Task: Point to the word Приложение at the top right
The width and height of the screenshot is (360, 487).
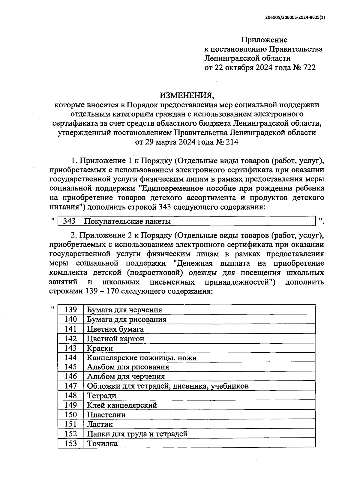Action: pyautogui.click(x=264, y=40)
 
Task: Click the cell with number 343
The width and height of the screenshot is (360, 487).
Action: pyautogui.click(x=69, y=221)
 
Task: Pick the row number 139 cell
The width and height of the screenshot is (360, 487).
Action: pyautogui.click(x=71, y=309)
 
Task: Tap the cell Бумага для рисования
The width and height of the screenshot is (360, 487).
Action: pyautogui.click(x=127, y=319)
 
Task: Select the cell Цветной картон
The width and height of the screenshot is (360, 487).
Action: pyautogui.click(x=115, y=339)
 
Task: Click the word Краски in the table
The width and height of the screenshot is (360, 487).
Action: pyautogui.click(x=100, y=348)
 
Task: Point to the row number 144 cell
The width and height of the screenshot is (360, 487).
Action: pyautogui.click(x=71, y=357)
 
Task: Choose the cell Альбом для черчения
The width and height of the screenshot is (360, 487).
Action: pyautogui.click(x=126, y=377)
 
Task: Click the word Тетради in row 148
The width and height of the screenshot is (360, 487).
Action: pyautogui.click(x=101, y=396)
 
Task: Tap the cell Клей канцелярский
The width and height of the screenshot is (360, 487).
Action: pyautogui.click(x=122, y=405)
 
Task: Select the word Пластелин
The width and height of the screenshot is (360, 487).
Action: pyautogui.click(x=106, y=415)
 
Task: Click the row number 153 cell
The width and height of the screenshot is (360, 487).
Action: pyautogui.click(x=71, y=443)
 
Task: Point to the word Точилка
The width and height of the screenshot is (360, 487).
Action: pyautogui.click(x=102, y=443)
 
